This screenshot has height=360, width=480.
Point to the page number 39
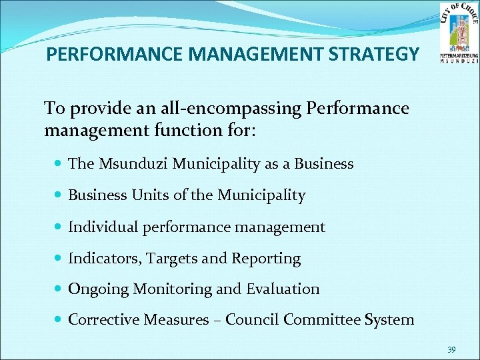point(451,349)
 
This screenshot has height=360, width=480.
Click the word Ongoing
point(99,289)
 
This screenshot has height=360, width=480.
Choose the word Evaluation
point(283,289)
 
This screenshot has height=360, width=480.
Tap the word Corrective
point(103,320)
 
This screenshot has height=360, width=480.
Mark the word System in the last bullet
point(389,320)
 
